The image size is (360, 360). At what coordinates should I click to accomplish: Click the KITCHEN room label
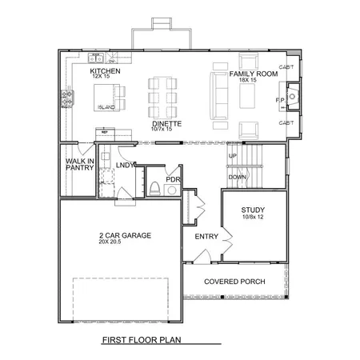(x=105, y=72)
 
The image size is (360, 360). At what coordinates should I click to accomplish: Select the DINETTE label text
(x=167, y=125)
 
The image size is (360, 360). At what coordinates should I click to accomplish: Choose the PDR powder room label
(x=173, y=180)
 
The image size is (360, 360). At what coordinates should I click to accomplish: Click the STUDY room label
(x=253, y=210)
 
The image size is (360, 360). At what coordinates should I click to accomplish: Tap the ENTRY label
(x=206, y=237)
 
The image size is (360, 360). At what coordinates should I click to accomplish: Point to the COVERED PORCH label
(x=234, y=282)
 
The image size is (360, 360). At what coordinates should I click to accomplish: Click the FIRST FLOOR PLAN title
(x=142, y=340)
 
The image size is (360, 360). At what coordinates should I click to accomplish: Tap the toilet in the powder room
(x=155, y=189)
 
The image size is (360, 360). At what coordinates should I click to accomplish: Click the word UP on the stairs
(x=233, y=156)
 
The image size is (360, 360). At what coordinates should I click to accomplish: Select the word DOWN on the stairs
(x=238, y=177)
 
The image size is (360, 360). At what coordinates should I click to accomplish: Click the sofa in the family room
(x=215, y=97)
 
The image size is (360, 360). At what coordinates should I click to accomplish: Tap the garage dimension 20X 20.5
(x=116, y=242)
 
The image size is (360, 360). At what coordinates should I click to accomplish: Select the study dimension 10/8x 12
(x=253, y=218)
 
